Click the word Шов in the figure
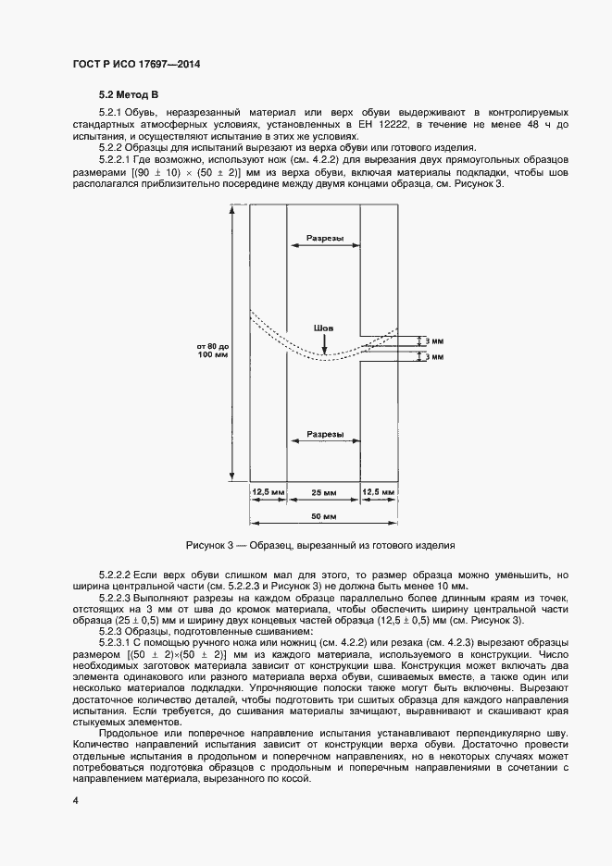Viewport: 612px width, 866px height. point(323,328)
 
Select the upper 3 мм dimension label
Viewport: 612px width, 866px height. point(432,340)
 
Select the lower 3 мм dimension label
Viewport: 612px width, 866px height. point(432,356)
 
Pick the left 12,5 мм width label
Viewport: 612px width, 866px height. point(269,492)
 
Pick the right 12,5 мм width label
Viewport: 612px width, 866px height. point(379,492)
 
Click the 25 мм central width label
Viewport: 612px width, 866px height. point(323,492)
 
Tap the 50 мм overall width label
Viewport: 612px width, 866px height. point(323,514)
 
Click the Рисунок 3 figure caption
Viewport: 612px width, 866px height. point(320,545)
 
